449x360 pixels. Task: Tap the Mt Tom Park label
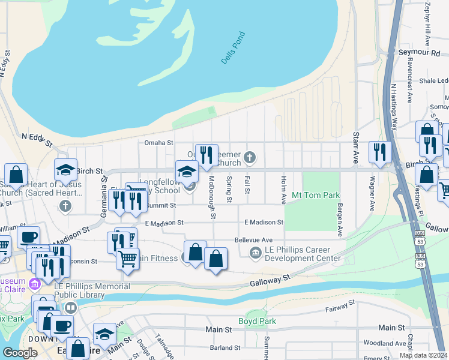click(x=316, y=195)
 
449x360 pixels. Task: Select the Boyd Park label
click(x=257, y=321)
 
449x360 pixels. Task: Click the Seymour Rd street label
click(x=419, y=53)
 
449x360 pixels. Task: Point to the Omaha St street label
click(x=158, y=143)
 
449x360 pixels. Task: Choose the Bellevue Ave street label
click(x=254, y=239)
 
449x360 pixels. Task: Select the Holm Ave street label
click(x=283, y=189)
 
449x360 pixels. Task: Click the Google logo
click(x=20, y=353)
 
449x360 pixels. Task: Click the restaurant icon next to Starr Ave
click(x=380, y=152)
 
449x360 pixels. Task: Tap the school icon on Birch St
click(x=66, y=169)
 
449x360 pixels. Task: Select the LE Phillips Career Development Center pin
click(x=256, y=253)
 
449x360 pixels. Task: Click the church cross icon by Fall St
click(x=250, y=158)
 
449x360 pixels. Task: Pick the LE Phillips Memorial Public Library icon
click(x=71, y=308)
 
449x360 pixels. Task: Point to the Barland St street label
click(x=225, y=347)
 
